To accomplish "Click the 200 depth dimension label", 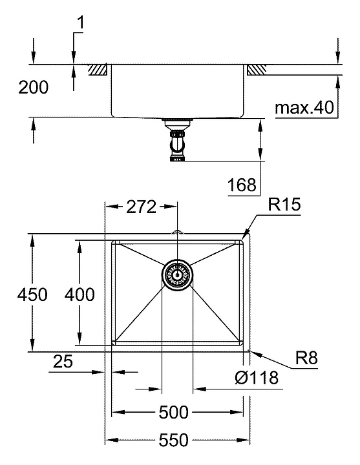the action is pyautogui.click(x=33, y=87).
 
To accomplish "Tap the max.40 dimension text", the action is pyautogui.click(x=304, y=107).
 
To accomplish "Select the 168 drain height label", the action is pyautogui.click(x=242, y=185).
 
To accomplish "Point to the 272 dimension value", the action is pyautogui.click(x=141, y=207).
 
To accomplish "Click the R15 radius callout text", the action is pyautogui.click(x=284, y=204).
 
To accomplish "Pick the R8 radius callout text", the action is pyautogui.click(x=306, y=358).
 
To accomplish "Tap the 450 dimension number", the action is pyautogui.click(x=32, y=294).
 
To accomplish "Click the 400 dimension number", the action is pyautogui.click(x=79, y=294).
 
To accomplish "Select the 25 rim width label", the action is pyautogui.click(x=63, y=361).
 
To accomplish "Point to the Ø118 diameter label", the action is pyautogui.click(x=257, y=378).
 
